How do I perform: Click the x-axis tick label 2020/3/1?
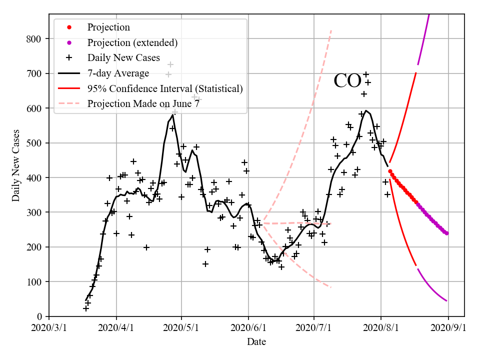[x=49, y=328]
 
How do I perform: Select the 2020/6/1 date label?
[x=248, y=328]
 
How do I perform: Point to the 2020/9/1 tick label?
[x=448, y=328]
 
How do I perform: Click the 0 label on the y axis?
[x=39, y=316]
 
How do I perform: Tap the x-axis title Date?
[x=256, y=342]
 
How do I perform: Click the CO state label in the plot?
[x=347, y=81]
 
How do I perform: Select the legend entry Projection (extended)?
[x=132, y=42]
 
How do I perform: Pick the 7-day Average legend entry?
[x=118, y=73]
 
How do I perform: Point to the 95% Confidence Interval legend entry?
[x=165, y=88]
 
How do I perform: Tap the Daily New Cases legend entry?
[x=123, y=58]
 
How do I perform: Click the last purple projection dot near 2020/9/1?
[x=446, y=233]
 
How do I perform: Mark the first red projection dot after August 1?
[x=390, y=171]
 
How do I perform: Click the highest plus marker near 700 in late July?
[x=366, y=74]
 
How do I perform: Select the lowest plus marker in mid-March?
[x=86, y=308]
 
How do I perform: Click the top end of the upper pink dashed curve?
[x=331, y=31]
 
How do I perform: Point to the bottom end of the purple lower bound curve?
[x=446, y=300]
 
